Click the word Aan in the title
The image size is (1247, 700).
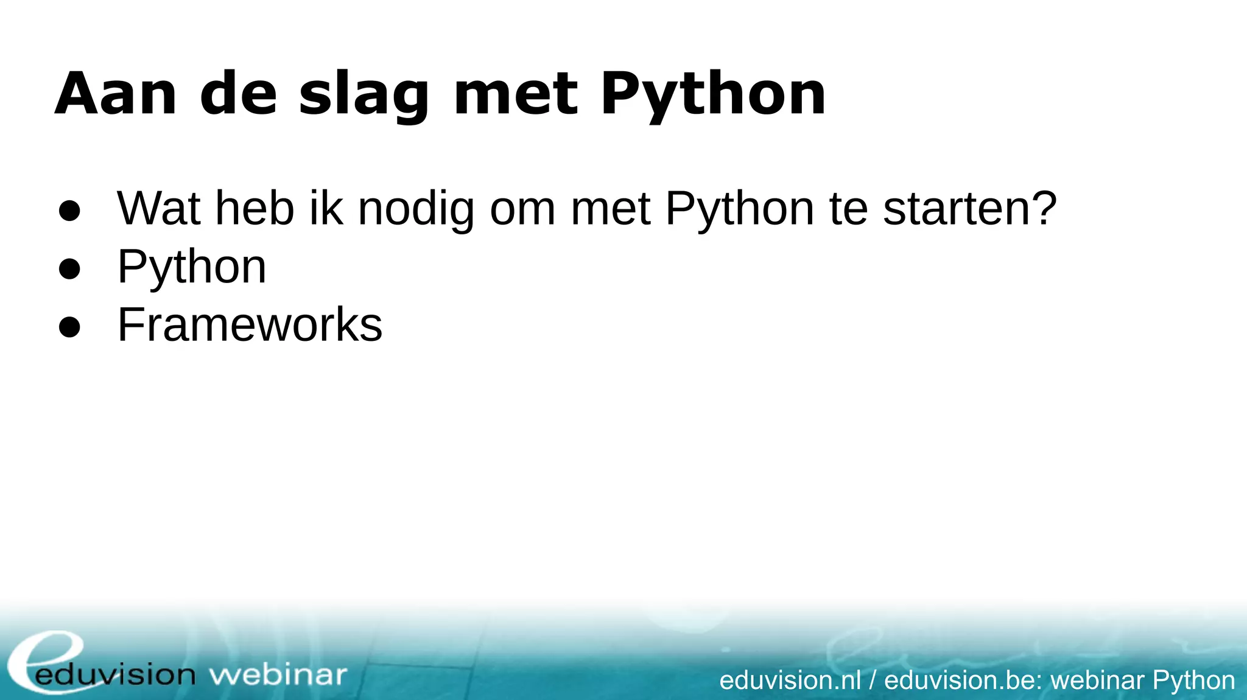[116, 94]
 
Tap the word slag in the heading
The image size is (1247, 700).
[364, 96]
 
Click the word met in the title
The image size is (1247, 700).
[516, 94]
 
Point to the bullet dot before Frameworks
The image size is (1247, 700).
[69, 327]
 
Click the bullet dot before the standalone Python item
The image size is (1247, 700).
[69, 268]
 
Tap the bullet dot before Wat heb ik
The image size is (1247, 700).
[69, 211]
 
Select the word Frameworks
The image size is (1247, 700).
[250, 324]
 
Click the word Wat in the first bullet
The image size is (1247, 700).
[158, 209]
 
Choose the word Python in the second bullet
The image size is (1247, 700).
[192, 268]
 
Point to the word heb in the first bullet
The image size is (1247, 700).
[255, 209]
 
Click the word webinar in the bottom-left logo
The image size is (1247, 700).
[278, 675]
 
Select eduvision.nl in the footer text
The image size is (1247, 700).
[790, 680]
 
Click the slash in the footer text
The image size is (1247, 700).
[873, 680]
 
